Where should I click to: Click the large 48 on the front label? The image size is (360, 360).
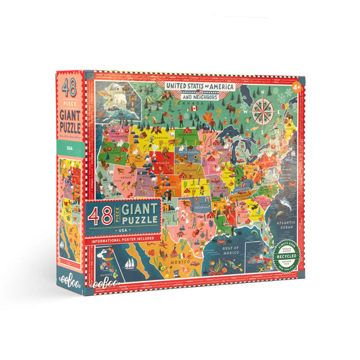pos(100,217)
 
